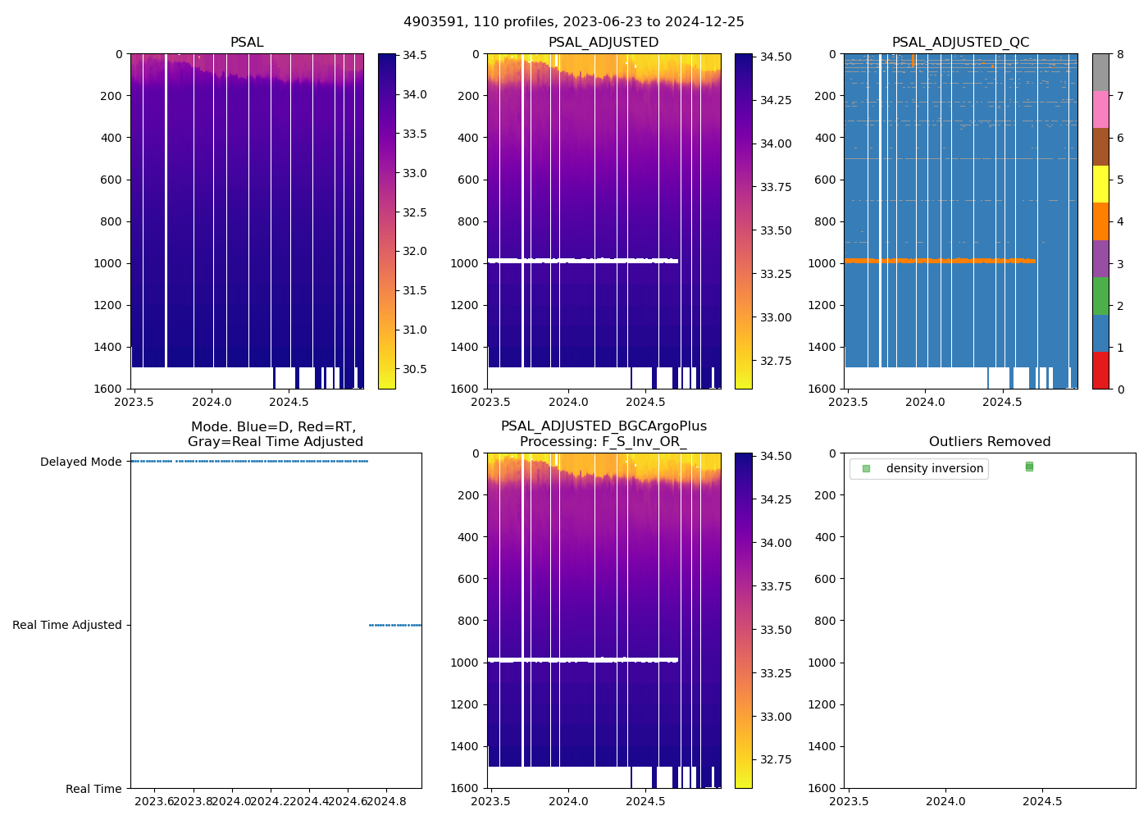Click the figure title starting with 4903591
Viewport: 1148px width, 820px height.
click(574, 22)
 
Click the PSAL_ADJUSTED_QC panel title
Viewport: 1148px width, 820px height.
click(960, 43)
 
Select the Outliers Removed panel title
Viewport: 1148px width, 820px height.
click(990, 442)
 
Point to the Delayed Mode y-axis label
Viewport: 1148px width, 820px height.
click(80, 462)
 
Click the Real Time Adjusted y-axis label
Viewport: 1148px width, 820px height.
click(67, 625)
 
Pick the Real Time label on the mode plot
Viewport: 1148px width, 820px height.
click(93, 789)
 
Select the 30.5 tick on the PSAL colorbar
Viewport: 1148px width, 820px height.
click(415, 369)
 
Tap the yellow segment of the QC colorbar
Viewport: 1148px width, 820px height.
click(1100, 184)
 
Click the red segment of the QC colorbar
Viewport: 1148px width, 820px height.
click(1100, 371)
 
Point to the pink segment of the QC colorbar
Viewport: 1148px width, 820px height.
click(1100, 110)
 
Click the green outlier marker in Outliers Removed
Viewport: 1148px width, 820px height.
click(1029, 467)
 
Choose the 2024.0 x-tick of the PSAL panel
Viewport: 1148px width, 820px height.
click(212, 402)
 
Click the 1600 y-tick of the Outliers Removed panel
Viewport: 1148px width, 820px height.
click(824, 788)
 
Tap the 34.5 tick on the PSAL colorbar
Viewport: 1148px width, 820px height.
click(415, 55)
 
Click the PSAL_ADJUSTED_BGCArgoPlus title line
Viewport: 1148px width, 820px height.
click(604, 426)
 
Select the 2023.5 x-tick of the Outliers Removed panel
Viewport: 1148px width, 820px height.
click(849, 801)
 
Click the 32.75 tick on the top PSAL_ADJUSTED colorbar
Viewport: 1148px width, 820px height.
click(776, 361)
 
